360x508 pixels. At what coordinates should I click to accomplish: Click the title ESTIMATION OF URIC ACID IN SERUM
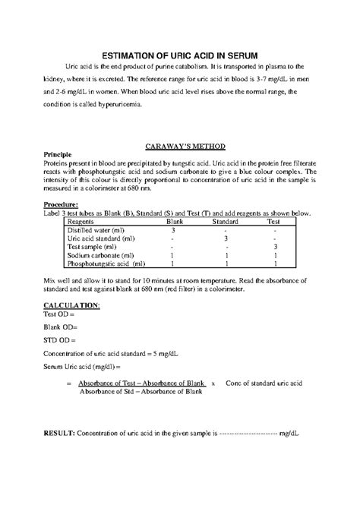pos(180,55)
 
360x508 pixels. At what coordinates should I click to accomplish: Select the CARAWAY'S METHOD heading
pos(180,145)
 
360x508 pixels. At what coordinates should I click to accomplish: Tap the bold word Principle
pos(58,154)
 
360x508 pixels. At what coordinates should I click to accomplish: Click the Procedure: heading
pos(61,205)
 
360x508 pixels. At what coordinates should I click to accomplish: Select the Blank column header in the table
pos(174,222)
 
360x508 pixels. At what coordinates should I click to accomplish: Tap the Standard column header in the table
pos(226,222)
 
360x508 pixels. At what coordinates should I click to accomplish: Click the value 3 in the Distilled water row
pos(174,230)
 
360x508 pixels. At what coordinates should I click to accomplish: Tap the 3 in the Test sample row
pos(274,248)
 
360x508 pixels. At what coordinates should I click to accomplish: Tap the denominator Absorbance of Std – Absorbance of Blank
pos(141,392)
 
